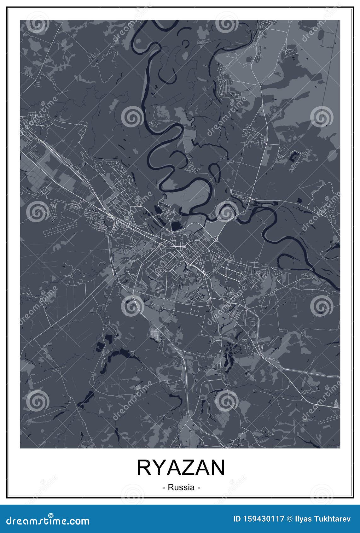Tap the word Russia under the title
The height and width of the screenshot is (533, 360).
[181, 487]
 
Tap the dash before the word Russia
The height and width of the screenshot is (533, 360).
[164, 488]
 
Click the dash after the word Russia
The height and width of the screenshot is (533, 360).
[198, 488]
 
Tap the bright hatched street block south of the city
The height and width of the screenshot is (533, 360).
[155, 333]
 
